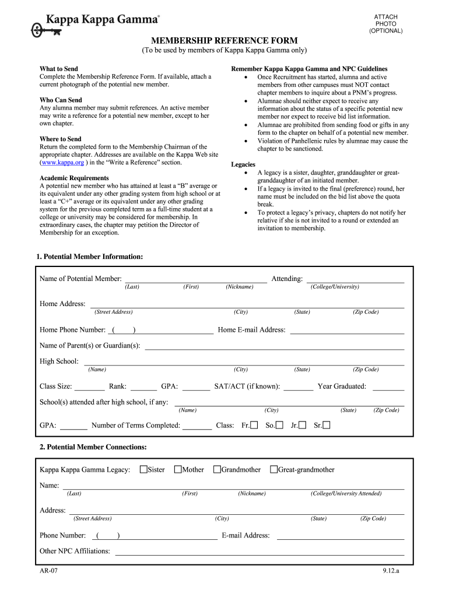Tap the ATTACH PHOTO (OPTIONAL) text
click(x=385, y=24)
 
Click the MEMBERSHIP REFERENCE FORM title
click(x=224, y=40)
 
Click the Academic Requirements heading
click(x=74, y=178)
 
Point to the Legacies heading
click(x=243, y=164)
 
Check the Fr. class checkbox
click(x=254, y=425)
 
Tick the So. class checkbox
click(x=280, y=425)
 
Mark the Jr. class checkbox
click(x=302, y=425)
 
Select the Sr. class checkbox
click(x=326, y=425)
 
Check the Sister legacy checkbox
click(x=143, y=469)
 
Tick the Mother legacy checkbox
click(x=178, y=469)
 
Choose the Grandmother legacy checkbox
click(x=217, y=469)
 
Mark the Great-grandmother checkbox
click(x=273, y=469)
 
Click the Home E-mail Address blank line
click(x=347, y=330)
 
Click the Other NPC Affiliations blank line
click(x=259, y=551)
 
